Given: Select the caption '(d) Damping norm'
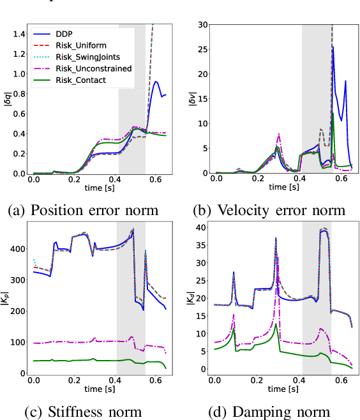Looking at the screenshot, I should [271, 412].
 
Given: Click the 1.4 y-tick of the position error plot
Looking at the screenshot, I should [17, 34].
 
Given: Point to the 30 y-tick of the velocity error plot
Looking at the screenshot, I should [201, 25].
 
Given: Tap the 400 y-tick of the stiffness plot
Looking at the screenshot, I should [15, 248].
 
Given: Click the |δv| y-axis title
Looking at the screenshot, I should [191, 99].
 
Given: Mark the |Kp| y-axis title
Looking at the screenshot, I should [5, 299].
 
